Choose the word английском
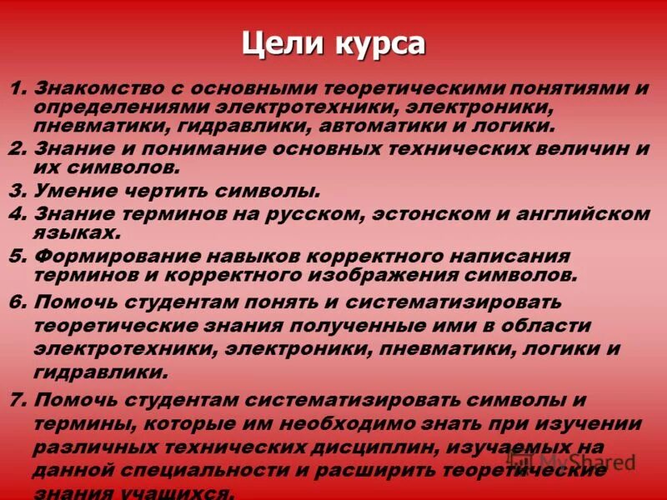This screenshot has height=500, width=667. (x=581, y=213)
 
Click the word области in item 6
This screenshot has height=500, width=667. (x=541, y=325)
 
